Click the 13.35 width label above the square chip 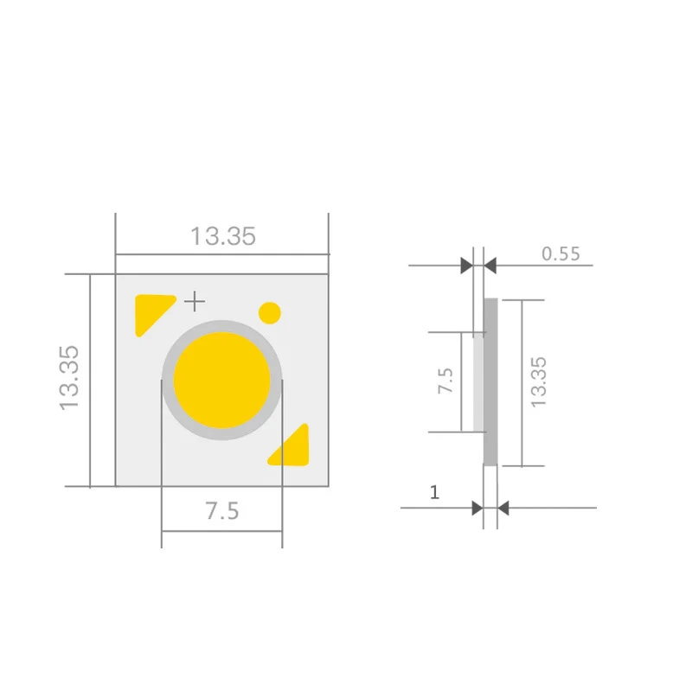[223, 236]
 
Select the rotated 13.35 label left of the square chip [69, 378]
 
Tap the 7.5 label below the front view [221, 510]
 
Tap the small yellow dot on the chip [270, 312]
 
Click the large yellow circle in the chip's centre [221, 380]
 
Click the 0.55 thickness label [561, 253]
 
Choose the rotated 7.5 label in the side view [445, 381]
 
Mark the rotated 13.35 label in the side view [538, 381]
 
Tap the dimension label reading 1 [434, 493]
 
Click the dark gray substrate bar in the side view [490, 381]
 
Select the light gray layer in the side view [478, 381]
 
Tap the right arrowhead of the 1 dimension [504, 508]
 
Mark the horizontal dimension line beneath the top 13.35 [222, 254]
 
